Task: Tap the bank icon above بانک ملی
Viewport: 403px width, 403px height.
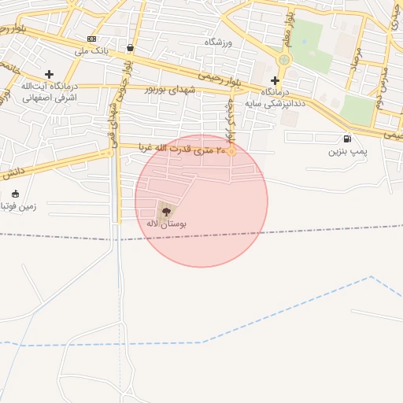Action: tap(92, 39)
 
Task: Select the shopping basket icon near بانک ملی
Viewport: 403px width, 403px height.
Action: tap(129, 48)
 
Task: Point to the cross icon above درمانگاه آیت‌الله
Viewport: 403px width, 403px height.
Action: tap(49, 74)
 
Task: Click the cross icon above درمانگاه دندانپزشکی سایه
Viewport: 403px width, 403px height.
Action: tap(275, 80)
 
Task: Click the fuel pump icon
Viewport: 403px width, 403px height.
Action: tap(347, 139)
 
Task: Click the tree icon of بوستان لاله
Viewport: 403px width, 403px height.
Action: tap(165, 211)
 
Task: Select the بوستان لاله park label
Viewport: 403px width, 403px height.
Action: tap(166, 224)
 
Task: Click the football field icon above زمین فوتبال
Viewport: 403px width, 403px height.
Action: tap(15, 194)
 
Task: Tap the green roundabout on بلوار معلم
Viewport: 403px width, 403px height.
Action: tap(284, 59)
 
